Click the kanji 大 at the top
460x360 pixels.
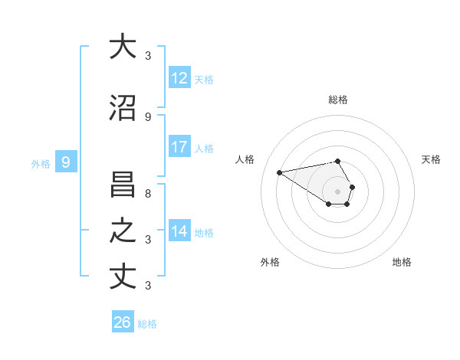pos(123,46)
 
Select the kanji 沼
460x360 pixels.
pos(123,108)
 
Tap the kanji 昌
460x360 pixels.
pos(123,185)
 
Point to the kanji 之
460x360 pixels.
pos(123,231)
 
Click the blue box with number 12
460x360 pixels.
pos(179,77)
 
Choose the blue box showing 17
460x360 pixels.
pos(179,147)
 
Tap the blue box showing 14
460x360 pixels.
pos(179,231)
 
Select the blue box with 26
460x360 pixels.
pos(123,322)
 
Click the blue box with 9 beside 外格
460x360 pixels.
pos(66,162)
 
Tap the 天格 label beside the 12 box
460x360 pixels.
pos(204,79)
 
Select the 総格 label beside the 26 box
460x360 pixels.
pos(147,324)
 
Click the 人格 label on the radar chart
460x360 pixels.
pos(245,159)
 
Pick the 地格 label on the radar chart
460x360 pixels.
pos(402,262)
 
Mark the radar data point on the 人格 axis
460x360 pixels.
pos(280,172)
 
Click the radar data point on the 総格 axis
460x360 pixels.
pos(337,161)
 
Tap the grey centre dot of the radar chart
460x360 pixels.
pos(337,191)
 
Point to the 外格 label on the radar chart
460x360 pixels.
pos(270,262)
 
